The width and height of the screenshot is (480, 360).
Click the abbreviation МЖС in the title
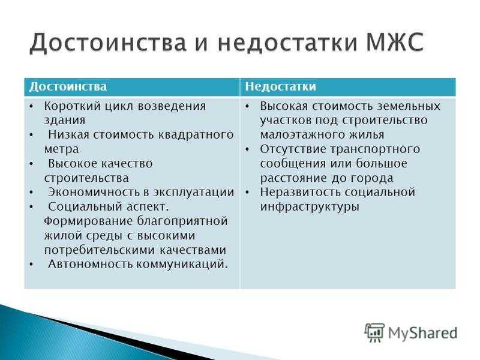[395, 42]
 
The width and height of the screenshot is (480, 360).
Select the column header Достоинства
[68, 86]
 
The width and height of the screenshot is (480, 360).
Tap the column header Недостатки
[280, 86]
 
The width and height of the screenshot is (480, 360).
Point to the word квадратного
[196, 135]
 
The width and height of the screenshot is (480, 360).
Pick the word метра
[62, 149]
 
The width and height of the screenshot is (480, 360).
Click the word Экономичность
[94, 193]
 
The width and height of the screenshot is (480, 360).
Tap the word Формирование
[88, 221]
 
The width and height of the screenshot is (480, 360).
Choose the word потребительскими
[100, 250]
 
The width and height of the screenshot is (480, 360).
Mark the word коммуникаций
[182, 265]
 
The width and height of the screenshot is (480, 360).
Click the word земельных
[409, 107]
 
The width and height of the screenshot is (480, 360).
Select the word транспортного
[376, 149]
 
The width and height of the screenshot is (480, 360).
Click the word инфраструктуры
[310, 207]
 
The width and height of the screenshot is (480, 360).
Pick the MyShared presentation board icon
[374, 332]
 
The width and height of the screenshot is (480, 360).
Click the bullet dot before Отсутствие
[247, 149]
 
